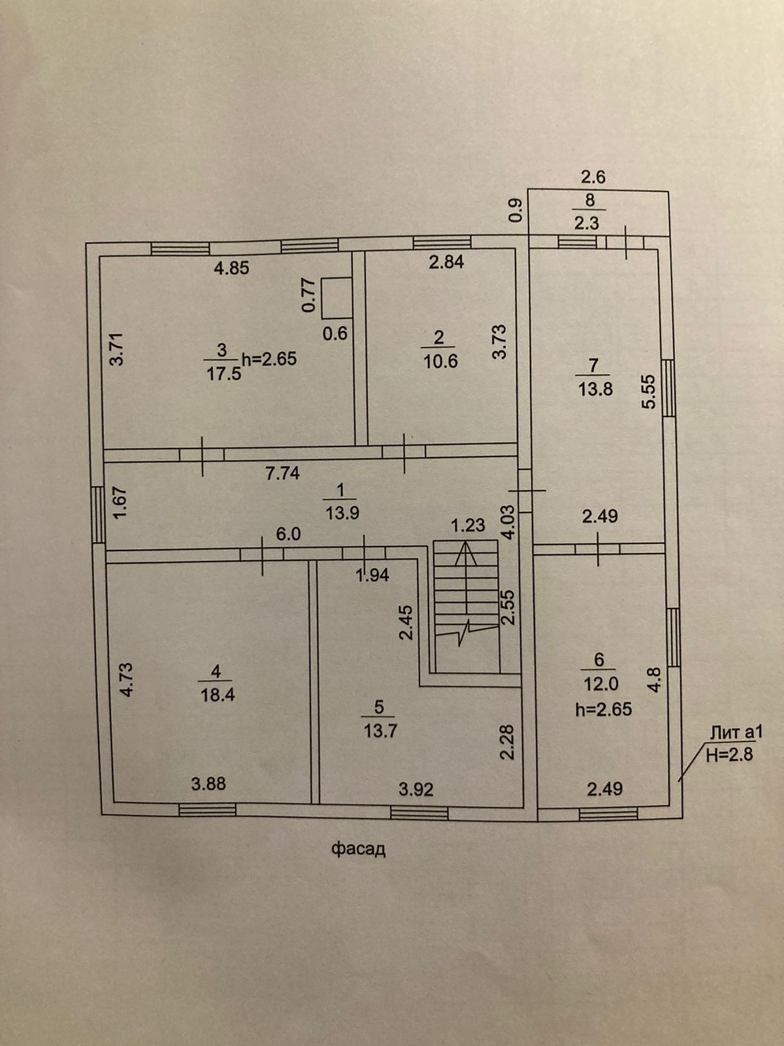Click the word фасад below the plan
pyautogui.click(x=358, y=849)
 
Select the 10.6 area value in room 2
pyautogui.click(x=440, y=361)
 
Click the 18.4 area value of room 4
pyautogui.click(x=218, y=694)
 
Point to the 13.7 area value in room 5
pyautogui.click(x=380, y=730)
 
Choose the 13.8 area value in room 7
pyautogui.click(x=595, y=389)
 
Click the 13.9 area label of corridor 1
pyautogui.click(x=342, y=513)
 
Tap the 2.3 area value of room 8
pyautogui.click(x=587, y=223)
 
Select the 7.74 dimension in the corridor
pyautogui.click(x=282, y=473)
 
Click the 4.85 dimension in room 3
pyautogui.click(x=232, y=267)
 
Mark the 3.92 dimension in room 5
pyautogui.click(x=416, y=790)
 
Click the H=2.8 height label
pyautogui.click(x=730, y=754)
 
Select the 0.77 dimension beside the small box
pyautogui.click(x=308, y=295)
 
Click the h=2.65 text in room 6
pyautogui.click(x=603, y=709)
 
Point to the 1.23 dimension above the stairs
pyautogui.click(x=468, y=525)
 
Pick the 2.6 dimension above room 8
pyautogui.click(x=594, y=177)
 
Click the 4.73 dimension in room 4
pyautogui.click(x=127, y=680)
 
